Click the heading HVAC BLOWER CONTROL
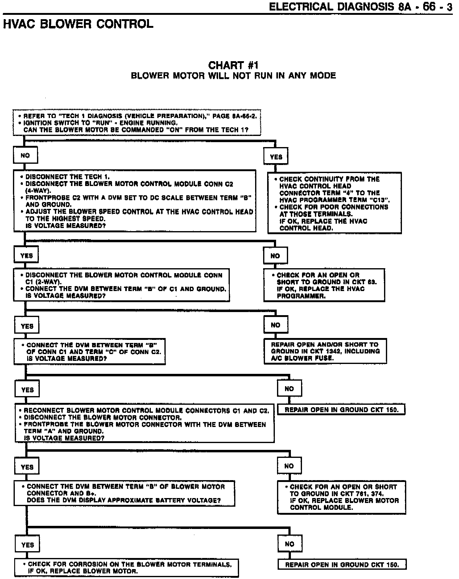pos(78,24)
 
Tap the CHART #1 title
pos(233,65)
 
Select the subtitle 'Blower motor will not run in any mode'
pos(233,76)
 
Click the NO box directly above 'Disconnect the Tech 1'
pos(25,155)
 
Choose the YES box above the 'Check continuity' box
pos(276,157)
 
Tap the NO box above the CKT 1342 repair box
pos(275,325)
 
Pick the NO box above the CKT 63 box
pos(275,256)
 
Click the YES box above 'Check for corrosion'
pos(27,545)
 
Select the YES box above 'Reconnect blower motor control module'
pos(27,390)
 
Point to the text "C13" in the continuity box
pos(379,200)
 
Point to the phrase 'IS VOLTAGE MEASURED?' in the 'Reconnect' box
pos(64,438)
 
